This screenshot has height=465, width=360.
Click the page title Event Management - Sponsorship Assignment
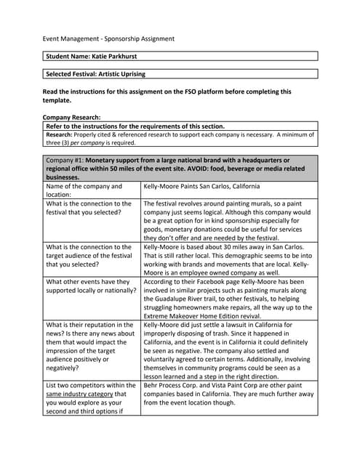coord(108,39)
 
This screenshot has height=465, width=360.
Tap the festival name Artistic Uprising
coord(120,74)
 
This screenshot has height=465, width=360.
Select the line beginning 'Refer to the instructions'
coord(135,126)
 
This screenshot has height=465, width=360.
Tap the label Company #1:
coord(65,161)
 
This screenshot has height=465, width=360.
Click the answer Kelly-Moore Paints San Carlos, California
coord(201,187)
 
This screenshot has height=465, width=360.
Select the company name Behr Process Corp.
coord(172,386)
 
